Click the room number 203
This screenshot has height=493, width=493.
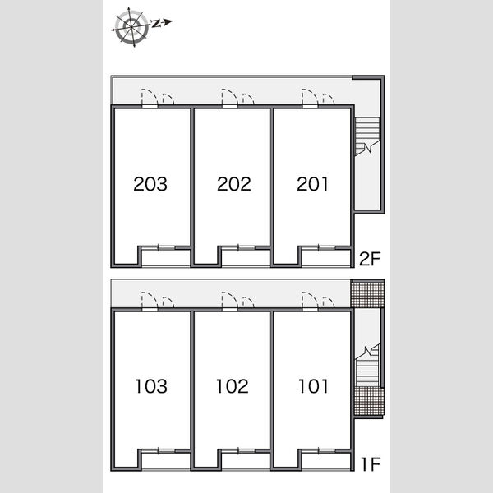click(x=150, y=184)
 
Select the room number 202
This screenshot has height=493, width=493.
click(x=234, y=184)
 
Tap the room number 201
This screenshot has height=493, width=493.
click(x=312, y=184)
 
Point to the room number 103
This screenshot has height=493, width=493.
click(x=151, y=386)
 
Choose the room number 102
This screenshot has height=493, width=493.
click(x=233, y=386)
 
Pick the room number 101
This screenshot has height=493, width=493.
click(x=313, y=386)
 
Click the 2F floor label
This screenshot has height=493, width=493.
click(x=370, y=259)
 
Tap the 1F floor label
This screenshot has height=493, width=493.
click(x=371, y=464)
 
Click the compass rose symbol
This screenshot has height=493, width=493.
click(x=131, y=27)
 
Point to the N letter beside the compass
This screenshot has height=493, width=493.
click(x=156, y=23)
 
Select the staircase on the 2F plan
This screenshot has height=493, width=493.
click(x=367, y=136)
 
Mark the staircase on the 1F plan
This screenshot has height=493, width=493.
click(x=367, y=366)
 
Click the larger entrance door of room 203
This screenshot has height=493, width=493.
click(x=150, y=99)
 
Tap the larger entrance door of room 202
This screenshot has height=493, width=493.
click(x=229, y=99)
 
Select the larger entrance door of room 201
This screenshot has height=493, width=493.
click(x=310, y=99)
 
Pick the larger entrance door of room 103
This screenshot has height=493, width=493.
click(x=150, y=302)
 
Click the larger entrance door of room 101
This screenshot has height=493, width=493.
click(x=310, y=302)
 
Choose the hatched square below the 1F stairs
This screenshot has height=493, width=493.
click(x=369, y=401)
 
